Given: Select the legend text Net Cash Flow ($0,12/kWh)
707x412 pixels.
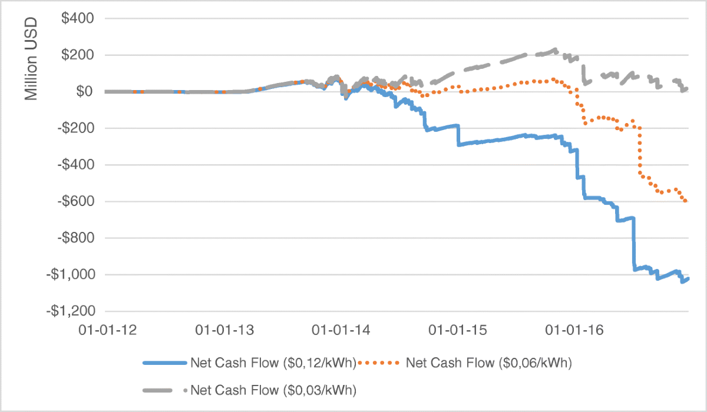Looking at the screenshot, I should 273,363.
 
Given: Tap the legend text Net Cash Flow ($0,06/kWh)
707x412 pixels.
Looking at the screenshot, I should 489,363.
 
